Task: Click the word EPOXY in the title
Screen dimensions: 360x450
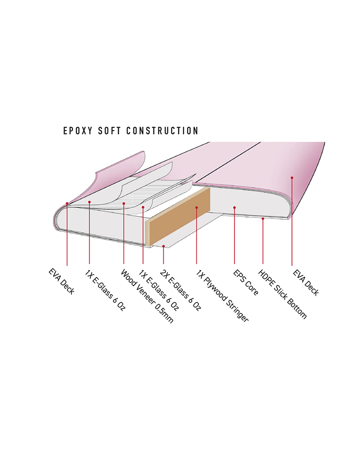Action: tap(77, 131)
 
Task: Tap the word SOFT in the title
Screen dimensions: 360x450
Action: tap(109, 131)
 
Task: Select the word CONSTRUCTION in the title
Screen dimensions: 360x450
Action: tap(162, 131)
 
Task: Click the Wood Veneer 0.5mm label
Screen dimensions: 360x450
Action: tap(147, 296)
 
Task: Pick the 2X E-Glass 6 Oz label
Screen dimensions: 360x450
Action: tap(180, 290)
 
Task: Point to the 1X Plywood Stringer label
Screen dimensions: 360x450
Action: tap(222, 296)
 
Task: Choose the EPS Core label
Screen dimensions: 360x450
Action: tap(245, 282)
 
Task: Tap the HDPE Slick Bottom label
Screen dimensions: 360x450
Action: tap(282, 294)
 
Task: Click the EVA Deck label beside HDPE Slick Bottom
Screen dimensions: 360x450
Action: tap(305, 282)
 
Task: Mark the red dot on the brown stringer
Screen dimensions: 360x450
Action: tap(196, 207)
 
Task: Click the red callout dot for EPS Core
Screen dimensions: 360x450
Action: tap(234, 207)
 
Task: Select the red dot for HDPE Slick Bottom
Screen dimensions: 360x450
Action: tap(263, 218)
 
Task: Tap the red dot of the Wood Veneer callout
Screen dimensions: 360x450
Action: tap(123, 203)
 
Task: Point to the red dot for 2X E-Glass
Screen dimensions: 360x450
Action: tap(163, 246)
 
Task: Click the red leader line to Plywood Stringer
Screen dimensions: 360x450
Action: tap(196, 235)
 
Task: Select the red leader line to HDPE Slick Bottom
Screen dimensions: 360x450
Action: tap(263, 241)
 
